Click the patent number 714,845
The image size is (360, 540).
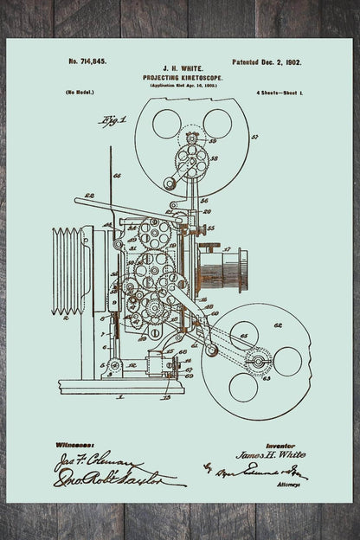pyautogui.click(x=87, y=63)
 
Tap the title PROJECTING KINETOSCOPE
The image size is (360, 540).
pyautogui.click(x=179, y=77)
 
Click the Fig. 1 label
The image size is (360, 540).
pyautogui.click(x=112, y=119)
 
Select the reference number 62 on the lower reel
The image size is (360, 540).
pyautogui.click(x=278, y=326)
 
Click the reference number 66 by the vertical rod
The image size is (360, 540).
pyautogui.click(x=118, y=176)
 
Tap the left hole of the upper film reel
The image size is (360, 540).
pyautogui.click(x=166, y=124)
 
